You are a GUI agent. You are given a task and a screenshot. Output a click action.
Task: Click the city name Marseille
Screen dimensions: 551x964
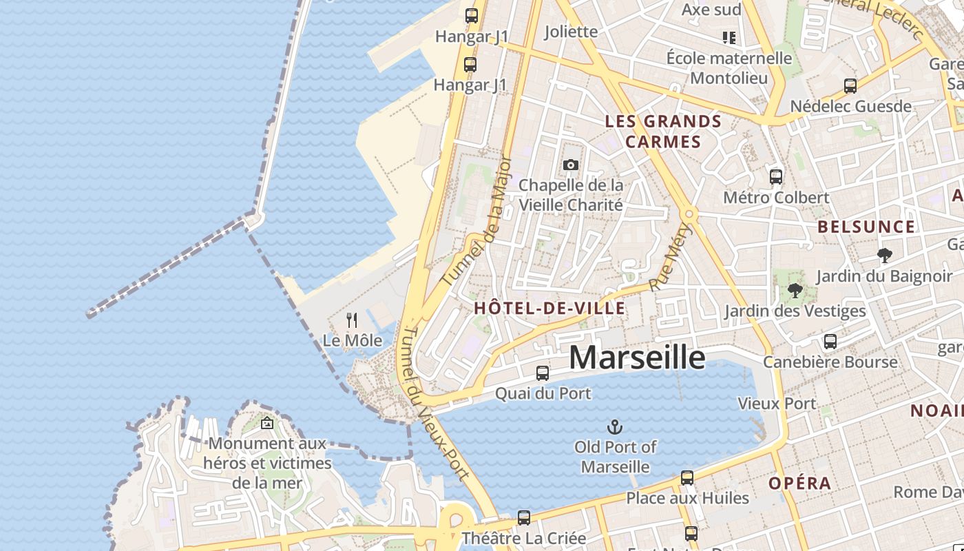coord(637,357)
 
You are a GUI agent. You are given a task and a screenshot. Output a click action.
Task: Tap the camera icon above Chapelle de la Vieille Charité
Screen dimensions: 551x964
coord(570,165)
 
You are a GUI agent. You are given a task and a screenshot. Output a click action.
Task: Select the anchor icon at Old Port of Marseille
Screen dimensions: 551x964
coord(614,427)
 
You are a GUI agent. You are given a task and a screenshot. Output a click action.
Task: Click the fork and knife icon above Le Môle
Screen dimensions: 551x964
coord(352,320)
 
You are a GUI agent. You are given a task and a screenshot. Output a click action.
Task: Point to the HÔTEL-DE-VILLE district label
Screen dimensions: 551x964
coord(549,309)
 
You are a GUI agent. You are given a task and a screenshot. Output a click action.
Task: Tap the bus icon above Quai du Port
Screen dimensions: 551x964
coord(543,373)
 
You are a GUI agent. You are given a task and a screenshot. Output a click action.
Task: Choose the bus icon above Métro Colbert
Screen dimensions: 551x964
coord(776,176)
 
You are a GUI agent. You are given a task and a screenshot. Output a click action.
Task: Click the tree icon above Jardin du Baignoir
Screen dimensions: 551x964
coord(885,256)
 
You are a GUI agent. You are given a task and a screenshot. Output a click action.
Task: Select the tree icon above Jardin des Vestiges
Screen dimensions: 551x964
coord(795,290)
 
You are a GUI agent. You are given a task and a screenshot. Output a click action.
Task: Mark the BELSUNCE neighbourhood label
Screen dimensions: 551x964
coord(866,227)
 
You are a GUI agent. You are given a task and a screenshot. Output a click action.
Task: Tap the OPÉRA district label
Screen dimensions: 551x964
coord(800,484)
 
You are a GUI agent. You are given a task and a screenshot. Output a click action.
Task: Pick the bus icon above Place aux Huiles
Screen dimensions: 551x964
coord(687,477)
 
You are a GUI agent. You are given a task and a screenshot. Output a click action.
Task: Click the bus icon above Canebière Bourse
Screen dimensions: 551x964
coord(830,341)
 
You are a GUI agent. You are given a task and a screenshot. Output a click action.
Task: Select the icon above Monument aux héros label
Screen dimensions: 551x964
coord(267,423)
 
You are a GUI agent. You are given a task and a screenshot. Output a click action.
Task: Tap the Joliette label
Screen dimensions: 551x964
coord(571,32)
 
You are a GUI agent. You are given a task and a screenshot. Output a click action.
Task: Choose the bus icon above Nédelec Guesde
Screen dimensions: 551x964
coord(850,86)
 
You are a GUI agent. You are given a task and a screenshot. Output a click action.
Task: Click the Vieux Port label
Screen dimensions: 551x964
coord(777,404)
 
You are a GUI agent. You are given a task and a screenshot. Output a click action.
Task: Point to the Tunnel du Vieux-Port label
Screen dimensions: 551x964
coord(435,402)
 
